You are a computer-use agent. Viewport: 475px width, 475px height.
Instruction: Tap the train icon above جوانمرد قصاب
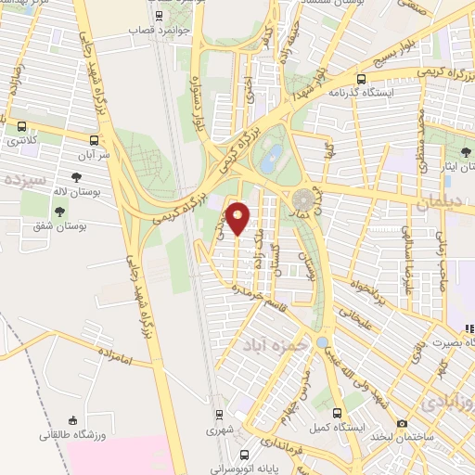point(160,16)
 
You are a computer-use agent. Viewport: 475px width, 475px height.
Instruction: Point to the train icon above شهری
point(219,415)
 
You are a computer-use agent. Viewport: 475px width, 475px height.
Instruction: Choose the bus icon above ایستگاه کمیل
point(337,413)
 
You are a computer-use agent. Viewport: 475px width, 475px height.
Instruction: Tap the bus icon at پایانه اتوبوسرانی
point(244,455)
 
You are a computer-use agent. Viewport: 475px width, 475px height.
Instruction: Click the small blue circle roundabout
point(322,343)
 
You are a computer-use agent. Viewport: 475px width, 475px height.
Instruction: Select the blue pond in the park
point(271,160)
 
